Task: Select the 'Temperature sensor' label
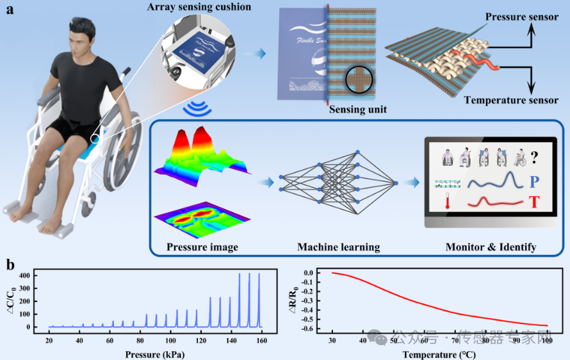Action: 511,100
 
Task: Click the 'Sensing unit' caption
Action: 358,110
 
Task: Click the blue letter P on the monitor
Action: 535,183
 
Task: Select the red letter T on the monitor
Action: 535,204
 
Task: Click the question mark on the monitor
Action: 533,158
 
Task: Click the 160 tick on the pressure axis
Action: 261,340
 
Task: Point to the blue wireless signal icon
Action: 194,109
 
